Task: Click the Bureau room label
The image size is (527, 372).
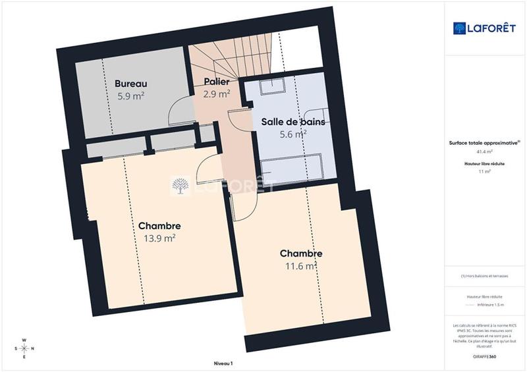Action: [x=130, y=84]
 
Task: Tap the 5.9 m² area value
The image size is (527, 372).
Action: [x=130, y=96]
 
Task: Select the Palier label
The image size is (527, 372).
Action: [x=217, y=82]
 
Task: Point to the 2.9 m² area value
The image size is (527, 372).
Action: [x=217, y=94]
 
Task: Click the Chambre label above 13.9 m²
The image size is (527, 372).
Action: [x=159, y=226]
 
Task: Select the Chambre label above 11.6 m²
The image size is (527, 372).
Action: [x=301, y=253]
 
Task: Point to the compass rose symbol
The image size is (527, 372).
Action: [x=24, y=348]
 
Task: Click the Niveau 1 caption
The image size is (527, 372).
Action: [x=223, y=363]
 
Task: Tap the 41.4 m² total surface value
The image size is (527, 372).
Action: [x=485, y=151]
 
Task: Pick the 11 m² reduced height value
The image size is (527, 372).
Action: [x=485, y=171]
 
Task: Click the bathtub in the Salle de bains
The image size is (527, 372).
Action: [x=290, y=169]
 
